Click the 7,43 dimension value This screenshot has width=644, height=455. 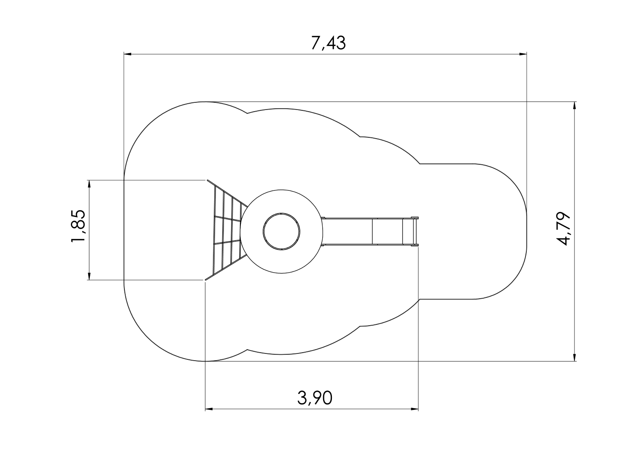[328, 43]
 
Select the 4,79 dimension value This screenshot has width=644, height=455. [563, 229]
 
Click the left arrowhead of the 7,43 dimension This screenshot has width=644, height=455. [128, 54]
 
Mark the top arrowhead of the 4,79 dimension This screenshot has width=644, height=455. [575, 105]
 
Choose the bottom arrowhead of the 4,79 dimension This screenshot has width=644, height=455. [575, 357]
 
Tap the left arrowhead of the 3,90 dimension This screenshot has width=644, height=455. [209, 409]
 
